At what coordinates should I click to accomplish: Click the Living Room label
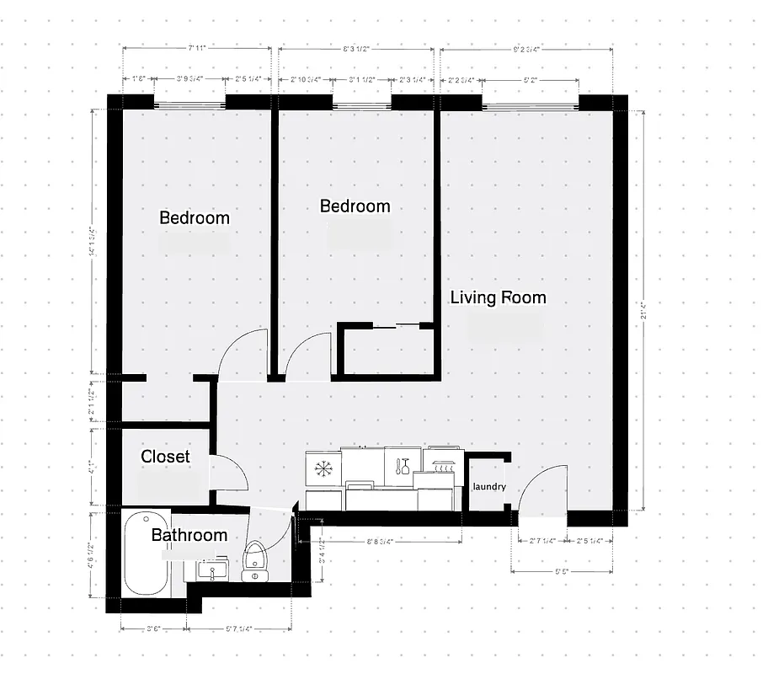498,297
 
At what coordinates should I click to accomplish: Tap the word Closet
165,457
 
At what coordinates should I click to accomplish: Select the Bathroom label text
189,535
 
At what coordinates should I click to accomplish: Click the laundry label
489,487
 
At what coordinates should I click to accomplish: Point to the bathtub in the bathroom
146,556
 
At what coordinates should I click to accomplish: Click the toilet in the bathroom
254,563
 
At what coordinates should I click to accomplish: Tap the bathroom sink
211,570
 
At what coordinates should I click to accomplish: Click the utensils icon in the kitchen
402,466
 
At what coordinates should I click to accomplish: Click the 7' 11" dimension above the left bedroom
199,49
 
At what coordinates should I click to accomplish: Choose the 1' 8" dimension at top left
139,80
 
